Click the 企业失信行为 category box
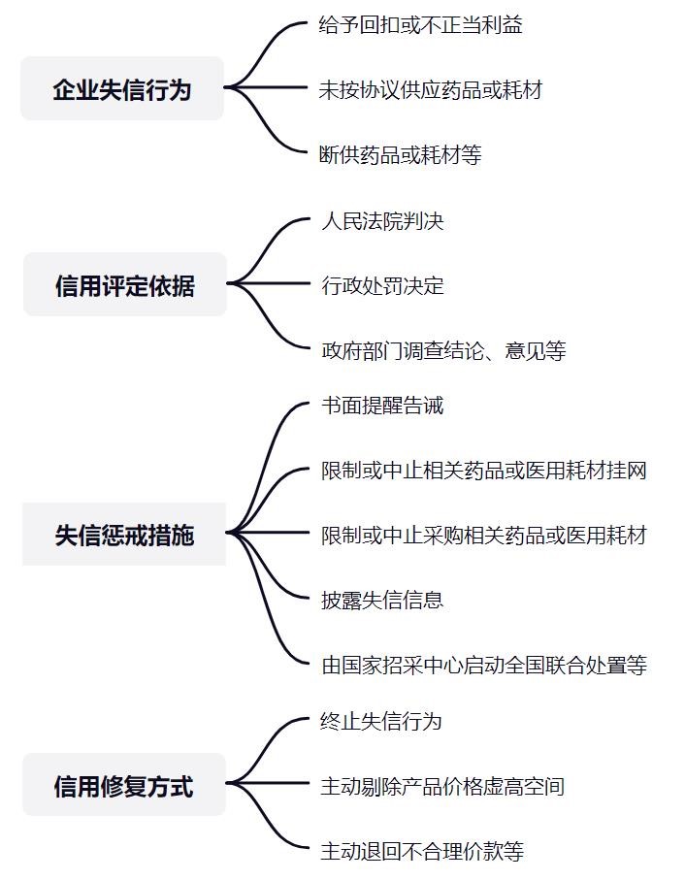coord(121,88)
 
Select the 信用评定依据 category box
coord(124,284)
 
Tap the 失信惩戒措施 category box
coord(124,535)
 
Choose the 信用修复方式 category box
coord(123,785)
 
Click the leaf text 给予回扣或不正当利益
coord(421,24)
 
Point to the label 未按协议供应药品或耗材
coord(431,90)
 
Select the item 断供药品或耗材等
coord(400,155)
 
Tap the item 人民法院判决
coord(382,221)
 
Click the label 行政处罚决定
coord(382,285)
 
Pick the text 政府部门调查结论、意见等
coord(443,351)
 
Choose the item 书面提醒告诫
coord(382,406)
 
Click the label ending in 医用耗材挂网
coord(484,471)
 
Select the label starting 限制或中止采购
coord(484,536)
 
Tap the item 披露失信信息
coord(382,600)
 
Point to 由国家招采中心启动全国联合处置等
coord(484,665)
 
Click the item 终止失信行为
coord(381,721)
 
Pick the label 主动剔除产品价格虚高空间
coord(442,786)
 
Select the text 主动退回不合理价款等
coord(422,851)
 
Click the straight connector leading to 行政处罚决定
coord(268,283)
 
